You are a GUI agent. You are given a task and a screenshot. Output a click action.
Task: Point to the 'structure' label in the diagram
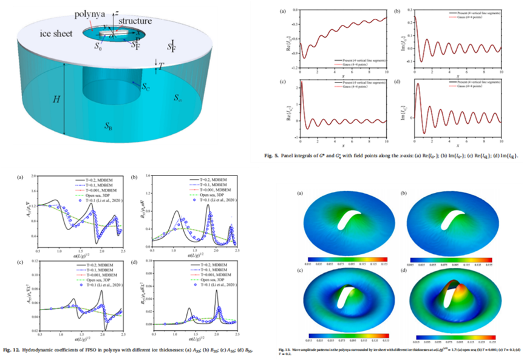[x=132, y=21]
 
